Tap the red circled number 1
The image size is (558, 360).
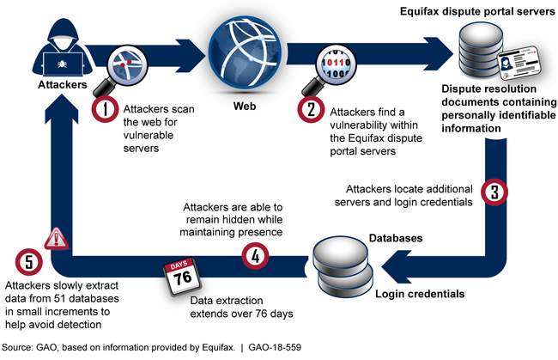click(x=104, y=111)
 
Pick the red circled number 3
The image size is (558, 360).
click(x=493, y=191)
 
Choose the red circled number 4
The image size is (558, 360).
click(x=252, y=255)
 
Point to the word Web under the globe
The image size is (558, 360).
click(x=246, y=108)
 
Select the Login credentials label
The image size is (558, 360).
click(x=422, y=294)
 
